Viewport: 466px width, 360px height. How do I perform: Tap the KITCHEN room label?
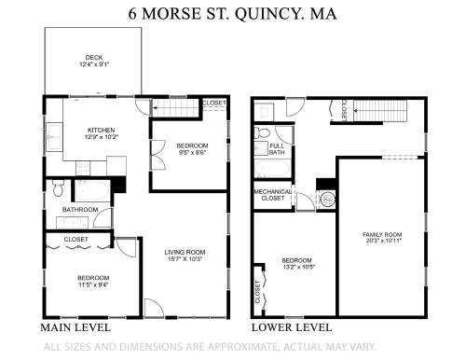coord(102,130)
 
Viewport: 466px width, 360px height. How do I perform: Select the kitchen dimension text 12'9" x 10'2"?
coord(102,138)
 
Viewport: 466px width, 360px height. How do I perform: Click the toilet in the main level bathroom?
coord(58,190)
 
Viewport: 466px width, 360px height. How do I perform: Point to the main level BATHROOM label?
coord(80,210)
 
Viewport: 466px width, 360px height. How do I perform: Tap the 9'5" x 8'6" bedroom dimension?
coord(191,154)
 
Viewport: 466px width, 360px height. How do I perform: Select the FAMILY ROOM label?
coord(382,234)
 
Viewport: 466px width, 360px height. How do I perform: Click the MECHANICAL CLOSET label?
coord(271,195)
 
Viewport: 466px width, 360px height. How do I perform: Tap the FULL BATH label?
coord(277,149)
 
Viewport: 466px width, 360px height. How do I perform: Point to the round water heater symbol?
coord(327,199)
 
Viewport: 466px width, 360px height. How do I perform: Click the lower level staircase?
coord(382,113)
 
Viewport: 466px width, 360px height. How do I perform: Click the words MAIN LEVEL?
coord(75,328)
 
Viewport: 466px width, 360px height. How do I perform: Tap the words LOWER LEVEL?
coord(292,328)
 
